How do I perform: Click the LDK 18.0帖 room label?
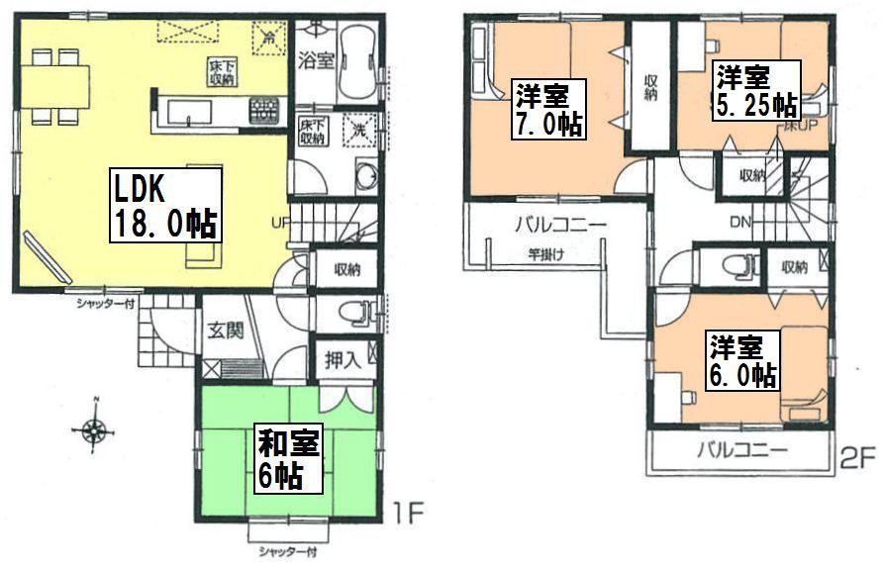[162, 206]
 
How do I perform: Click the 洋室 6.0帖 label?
[741, 363]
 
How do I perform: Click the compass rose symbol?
[95, 430]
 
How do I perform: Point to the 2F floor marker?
[858, 457]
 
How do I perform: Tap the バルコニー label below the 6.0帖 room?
[740, 450]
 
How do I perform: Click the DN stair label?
[739, 222]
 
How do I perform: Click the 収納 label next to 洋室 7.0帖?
[650, 88]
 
